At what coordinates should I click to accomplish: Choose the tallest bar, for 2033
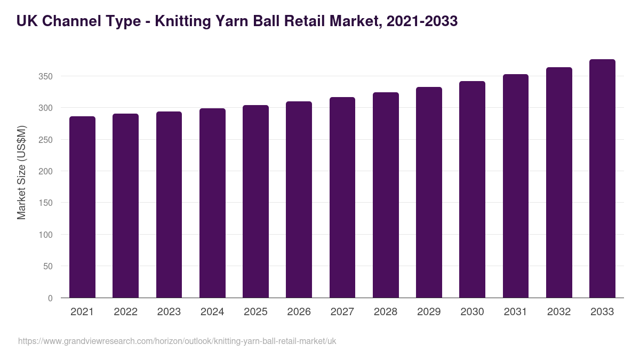point(603,179)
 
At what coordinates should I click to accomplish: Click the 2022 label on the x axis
point(125,312)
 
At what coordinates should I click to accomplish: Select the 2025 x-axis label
point(255,312)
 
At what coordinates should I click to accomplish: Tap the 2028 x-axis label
point(386,312)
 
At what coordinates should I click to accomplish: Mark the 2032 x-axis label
point(559,312)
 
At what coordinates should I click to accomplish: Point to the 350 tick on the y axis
point(46,76)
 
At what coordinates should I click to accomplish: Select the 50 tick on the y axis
point(48,266)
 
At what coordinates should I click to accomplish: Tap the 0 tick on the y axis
point(50,298)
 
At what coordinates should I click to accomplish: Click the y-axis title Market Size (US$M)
point(21,172)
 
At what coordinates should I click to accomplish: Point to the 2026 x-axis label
point(299,312)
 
